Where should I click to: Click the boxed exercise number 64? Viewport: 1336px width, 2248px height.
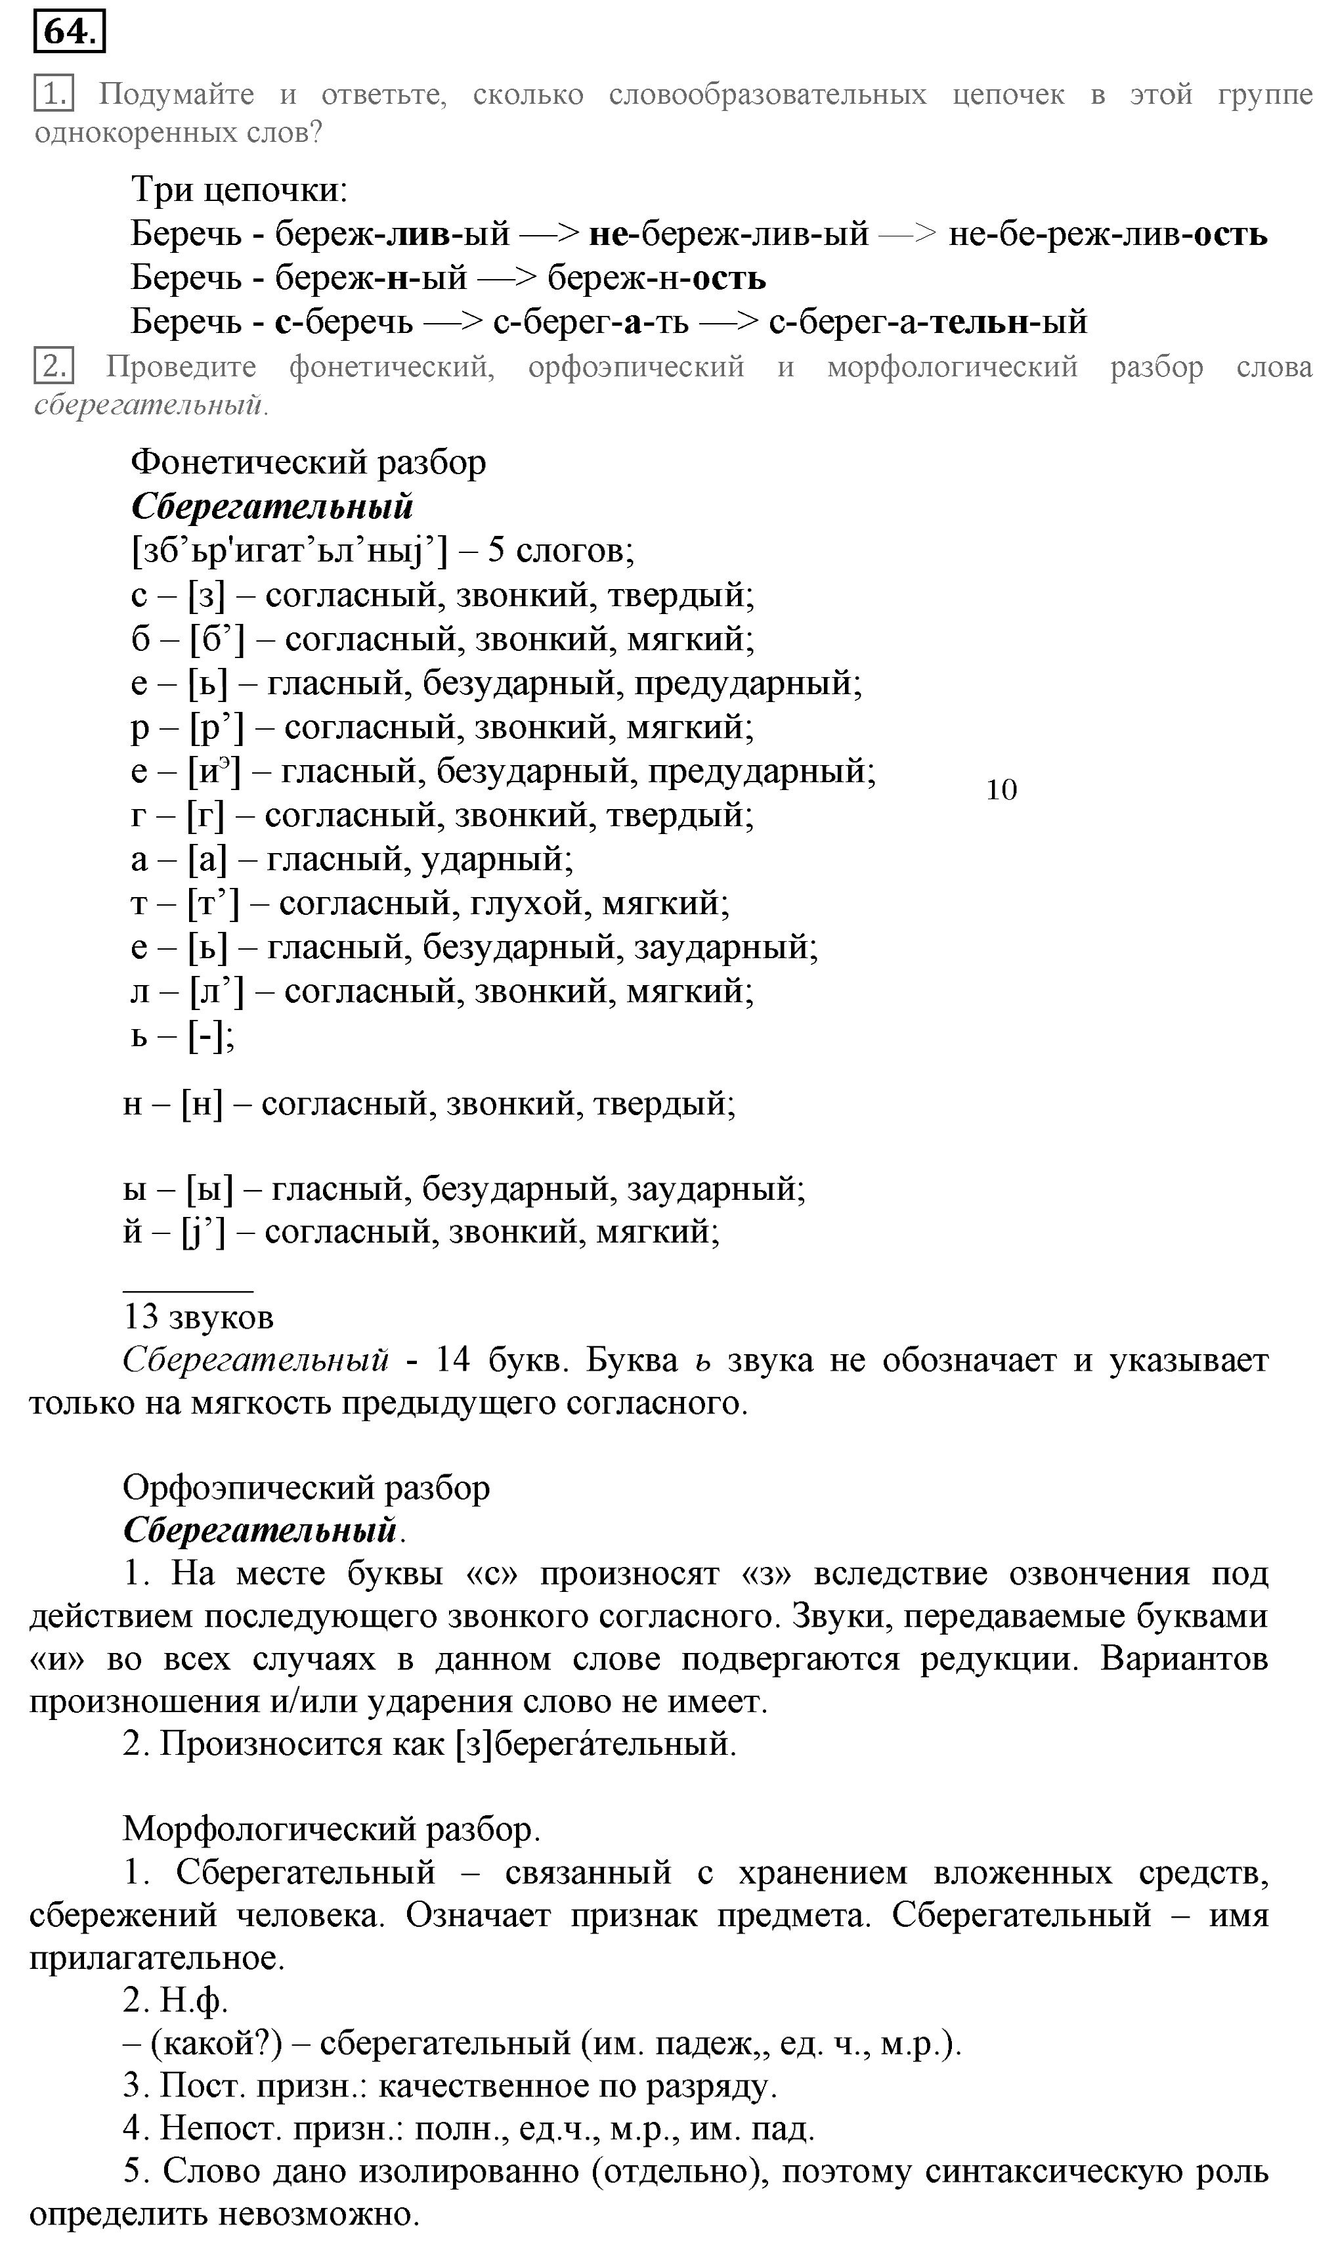(x=70, y=32)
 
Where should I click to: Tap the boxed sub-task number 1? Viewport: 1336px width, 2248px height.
(x=53, y=94)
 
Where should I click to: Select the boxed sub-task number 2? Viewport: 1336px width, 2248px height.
(x=53, y=367)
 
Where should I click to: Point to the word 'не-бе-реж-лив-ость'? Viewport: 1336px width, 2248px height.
(x=1108, y=234)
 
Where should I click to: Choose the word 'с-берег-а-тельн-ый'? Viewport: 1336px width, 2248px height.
(x=927, y=321)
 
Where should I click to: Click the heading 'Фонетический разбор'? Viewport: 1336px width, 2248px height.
(x=309, y=463)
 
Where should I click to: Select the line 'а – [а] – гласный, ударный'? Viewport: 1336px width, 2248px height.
(x=352, y=860)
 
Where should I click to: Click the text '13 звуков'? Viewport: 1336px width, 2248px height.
(x=198, y=1317)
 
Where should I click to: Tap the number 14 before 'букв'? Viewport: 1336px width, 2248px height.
(x=453, y=1359)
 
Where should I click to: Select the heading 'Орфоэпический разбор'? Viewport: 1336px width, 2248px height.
(x=306, y=1488)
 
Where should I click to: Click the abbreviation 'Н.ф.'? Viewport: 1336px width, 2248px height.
(x=194, y=2000)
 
